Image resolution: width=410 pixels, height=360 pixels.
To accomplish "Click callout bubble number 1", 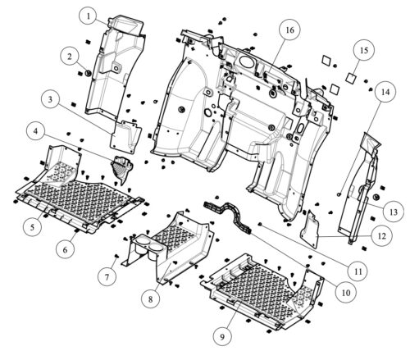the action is [89, 16].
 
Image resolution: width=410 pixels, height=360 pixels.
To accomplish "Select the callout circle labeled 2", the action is [70, 57].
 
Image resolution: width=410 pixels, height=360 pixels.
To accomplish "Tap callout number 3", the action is [51, 99].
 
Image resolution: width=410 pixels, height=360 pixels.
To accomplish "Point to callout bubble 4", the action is [36, 131].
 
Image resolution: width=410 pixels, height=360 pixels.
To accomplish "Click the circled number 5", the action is [33, 226].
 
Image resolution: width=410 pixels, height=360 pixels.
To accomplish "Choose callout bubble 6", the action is [65, 249].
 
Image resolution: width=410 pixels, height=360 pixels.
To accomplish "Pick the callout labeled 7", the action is [107, 276].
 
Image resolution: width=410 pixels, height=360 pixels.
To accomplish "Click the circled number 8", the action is [151, 298].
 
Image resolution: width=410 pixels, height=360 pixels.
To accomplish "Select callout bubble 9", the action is [222, 336].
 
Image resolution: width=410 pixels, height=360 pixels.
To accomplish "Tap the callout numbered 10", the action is [346, 293].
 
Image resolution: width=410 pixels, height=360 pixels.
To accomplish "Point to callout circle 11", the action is [358, 271].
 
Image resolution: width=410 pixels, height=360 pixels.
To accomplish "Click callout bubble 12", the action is [382, 236].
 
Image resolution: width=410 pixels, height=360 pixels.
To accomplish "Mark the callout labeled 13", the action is [394, 212].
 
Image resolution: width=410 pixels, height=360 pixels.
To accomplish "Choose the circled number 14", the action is [385, 92].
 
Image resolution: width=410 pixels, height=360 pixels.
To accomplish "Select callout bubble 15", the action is [364, 50].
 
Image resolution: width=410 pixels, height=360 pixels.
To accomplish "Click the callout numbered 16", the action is [290, 30].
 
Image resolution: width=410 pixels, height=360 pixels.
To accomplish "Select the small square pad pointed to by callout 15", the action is [351, 77].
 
